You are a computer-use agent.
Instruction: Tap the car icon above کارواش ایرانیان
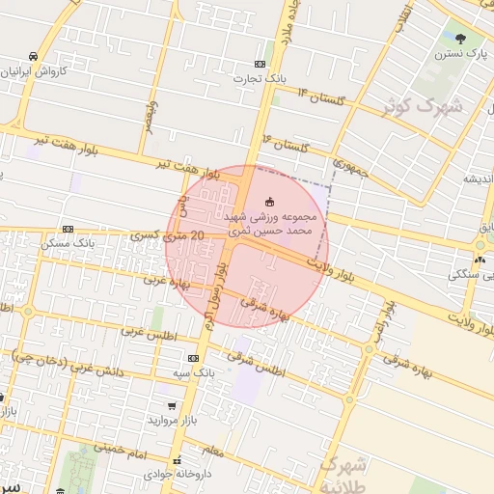[x=35, y=56]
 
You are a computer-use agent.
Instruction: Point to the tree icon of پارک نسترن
[x=460, y=40]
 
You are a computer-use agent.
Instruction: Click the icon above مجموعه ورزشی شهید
[x=268, y=202]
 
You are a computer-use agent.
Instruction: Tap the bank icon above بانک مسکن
[x=67, y=229]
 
